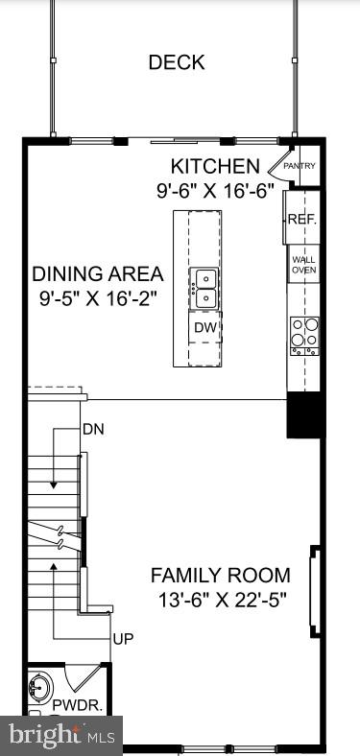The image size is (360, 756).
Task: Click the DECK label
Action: tap(176, 63)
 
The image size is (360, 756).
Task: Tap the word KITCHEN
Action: tap(214, 167)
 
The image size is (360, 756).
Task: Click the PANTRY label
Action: tap(300, 166)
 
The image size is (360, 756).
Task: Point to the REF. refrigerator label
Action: tap(300, 220)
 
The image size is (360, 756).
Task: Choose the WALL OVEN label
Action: tap(303, 265)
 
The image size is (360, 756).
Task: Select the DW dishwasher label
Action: tap(204, 327)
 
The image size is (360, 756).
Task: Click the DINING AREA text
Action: tap(96, 273)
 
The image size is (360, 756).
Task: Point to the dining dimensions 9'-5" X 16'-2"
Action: tap(96, 297)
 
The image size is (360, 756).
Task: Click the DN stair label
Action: tap(93, 428)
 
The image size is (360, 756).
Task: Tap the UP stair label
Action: tap(124, 638)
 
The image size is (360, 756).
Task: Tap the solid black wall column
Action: tap(303, 414)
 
